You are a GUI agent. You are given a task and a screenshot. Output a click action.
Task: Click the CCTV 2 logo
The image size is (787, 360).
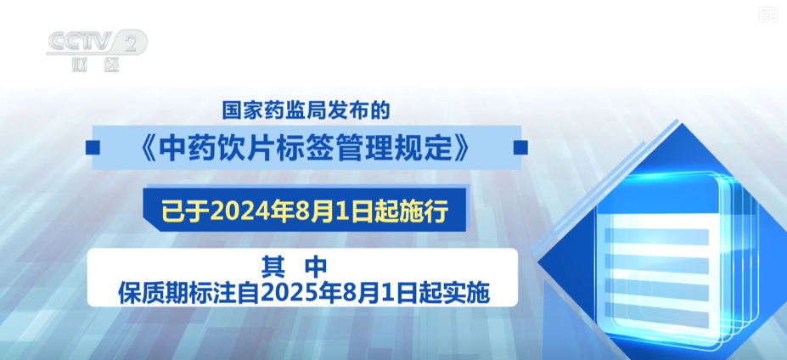[97, 42]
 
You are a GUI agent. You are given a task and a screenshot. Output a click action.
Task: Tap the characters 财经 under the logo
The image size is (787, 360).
[96, 65]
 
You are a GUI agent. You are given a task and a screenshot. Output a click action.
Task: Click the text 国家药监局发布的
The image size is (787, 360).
[306, 111]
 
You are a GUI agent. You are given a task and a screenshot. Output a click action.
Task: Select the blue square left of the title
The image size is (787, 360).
[93, 148]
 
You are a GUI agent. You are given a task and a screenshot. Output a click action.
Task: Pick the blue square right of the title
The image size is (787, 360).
[520, 148]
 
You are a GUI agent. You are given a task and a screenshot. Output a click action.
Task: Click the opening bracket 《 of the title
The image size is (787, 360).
[147, 148]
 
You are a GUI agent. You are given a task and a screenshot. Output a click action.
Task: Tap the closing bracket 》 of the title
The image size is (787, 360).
[460, 148]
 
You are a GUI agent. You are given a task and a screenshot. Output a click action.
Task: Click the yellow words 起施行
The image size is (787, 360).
[419, 212]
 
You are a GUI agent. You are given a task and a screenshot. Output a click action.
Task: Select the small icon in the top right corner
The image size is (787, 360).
[767, 14]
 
